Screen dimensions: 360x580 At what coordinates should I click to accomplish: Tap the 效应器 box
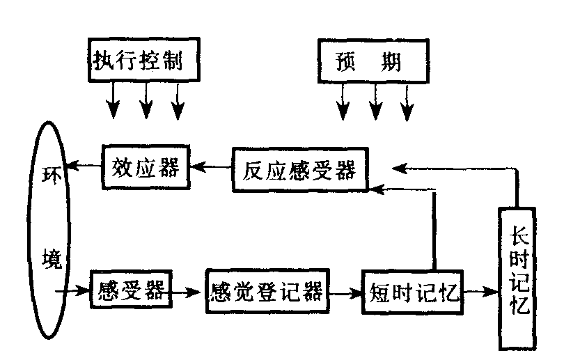(x=146, y=167)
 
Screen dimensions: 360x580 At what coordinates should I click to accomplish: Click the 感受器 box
(x=131, y=292)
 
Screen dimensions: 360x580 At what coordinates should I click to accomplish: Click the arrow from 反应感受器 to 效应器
(x=212, y=167)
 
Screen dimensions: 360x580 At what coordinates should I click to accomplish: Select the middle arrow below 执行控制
(x=146, y=100)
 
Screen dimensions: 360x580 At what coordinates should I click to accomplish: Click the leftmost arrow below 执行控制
(x=112, y=100)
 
